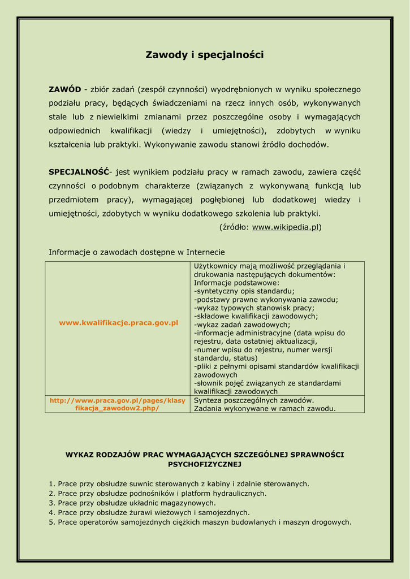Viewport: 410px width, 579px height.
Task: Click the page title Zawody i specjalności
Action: click(x=205, y=55)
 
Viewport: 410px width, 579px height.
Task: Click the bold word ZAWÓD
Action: click(x=64, y=89)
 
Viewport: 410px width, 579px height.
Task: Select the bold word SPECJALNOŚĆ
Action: click(x=79, y=172)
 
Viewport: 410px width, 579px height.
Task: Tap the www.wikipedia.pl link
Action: click(x=285, y=227)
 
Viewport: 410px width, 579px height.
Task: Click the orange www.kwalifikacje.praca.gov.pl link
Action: click(x=119, y=322)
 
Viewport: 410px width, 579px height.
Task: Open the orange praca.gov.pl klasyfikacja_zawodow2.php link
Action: click(x=118, y=404)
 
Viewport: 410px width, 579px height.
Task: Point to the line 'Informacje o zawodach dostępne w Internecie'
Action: click(x=137, y=252)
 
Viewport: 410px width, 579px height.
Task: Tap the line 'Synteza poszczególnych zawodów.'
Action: click(x=254, y=400)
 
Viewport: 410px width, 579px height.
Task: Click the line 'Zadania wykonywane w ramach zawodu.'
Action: click(x=265, y=408)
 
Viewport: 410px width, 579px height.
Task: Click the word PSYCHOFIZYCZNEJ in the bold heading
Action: click(x=205, y=464)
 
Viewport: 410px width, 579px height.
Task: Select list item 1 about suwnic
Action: click(x=179, y=484)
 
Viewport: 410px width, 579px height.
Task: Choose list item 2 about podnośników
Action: click(x=158, y=493)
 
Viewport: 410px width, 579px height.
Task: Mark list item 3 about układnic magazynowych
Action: click(x=132, y=503)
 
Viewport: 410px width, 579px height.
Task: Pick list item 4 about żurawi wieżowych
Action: click(x=149, y=512)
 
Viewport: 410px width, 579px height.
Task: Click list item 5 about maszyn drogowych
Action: click(x=200, y=522)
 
